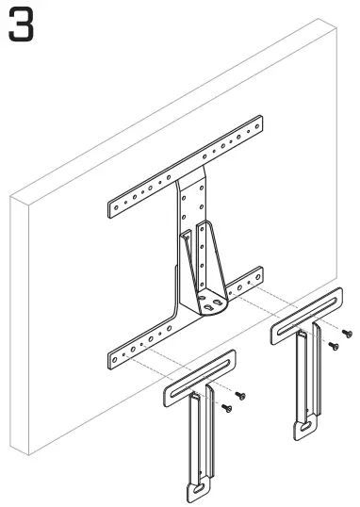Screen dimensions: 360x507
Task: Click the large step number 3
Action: tap(21, 25)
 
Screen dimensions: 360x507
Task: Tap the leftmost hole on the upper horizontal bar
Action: tap(116, 207)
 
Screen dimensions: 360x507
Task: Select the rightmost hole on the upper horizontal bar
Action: tap(257, 126)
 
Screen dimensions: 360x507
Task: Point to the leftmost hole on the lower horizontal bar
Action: tap(114, 360)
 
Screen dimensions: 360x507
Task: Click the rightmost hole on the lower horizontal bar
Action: tap(258, 277)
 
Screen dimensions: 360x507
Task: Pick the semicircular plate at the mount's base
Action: tap(212, 304)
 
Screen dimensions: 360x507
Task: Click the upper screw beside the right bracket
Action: tap(347, 333)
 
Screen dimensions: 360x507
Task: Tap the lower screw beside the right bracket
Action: tap(334, 346)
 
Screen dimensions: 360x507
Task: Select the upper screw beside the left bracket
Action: tap(240, 395)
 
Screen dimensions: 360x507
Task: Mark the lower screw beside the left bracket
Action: tap(226, 408)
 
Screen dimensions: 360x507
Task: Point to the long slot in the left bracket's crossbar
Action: tap(201, 378)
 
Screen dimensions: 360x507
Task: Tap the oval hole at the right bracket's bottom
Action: tap(304, 427)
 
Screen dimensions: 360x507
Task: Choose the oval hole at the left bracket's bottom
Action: tap(198, 489)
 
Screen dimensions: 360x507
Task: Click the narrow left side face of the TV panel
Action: tap(20, 324)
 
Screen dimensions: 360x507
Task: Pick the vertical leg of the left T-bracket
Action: tap(201, 442)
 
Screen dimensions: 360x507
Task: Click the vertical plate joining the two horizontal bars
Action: tap(190, 226)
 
